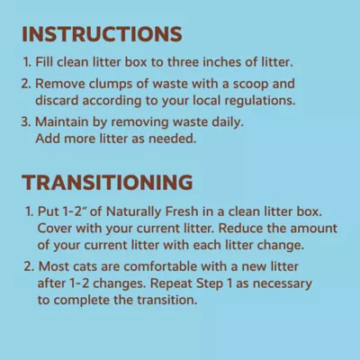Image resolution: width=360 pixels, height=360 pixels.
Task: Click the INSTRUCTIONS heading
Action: (x=103, y=35)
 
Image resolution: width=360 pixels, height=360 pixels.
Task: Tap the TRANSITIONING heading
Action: (x=110, y=182)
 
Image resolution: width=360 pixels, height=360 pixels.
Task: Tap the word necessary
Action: (x=283, y=283)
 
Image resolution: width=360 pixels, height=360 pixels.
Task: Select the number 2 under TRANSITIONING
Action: (x=28, y=267)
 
